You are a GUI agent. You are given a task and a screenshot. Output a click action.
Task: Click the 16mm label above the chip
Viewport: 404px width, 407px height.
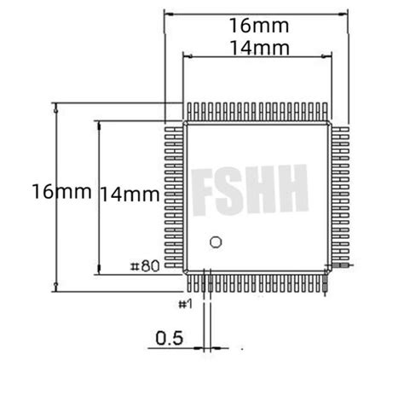tap(256, 25)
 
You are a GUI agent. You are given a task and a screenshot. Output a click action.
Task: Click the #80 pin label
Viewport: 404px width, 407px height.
tap(145, 266)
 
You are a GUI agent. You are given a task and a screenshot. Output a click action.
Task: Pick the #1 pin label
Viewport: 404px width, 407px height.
tap(186, 303)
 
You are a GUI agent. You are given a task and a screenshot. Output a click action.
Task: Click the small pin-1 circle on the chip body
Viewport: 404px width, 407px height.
tap(216, 242)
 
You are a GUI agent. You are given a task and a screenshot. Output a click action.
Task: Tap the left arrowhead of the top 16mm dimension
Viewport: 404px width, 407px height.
tap(167, 14)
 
